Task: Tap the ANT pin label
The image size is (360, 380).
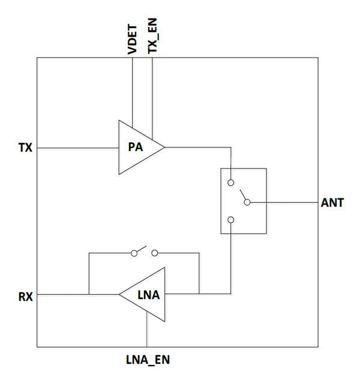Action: [332, 203]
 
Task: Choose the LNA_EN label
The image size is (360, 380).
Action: [148, 361]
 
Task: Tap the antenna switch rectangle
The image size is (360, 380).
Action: [242, 201]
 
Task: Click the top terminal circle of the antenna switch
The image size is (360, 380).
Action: [231, 182]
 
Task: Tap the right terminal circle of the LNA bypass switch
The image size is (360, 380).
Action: [155, 253]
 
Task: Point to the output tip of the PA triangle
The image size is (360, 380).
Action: [164, 146]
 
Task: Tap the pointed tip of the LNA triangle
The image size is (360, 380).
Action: [119, 294]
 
